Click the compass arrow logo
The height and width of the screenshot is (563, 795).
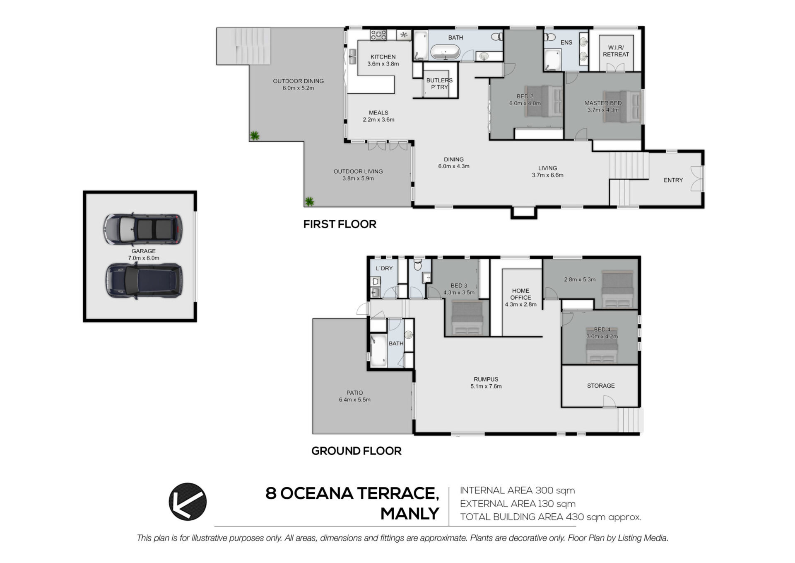(187, 501)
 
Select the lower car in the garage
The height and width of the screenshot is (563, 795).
(144, 281)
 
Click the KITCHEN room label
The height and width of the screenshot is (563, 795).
(383, 57)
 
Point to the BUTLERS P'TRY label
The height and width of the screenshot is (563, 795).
(439, 84)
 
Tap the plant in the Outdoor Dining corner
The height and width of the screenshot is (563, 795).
(254, 135)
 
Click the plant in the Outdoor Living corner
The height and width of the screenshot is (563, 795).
(309, 201)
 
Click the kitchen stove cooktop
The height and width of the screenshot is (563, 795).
(378, 35)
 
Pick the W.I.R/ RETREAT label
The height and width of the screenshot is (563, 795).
(616, 51)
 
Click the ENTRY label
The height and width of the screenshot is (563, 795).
(673, 180)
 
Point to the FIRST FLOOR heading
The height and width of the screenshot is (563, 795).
(340, 224)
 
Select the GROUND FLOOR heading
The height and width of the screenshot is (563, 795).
(356, 451)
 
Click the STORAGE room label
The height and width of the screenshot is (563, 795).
(601, 386)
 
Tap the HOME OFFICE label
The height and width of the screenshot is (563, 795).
(520, 294)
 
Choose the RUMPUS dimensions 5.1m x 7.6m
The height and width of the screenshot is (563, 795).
(486, 386)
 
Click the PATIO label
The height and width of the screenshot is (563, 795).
(354, 393)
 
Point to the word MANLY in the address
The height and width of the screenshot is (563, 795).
(410, 514)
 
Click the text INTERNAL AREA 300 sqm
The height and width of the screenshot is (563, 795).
(517, 490)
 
